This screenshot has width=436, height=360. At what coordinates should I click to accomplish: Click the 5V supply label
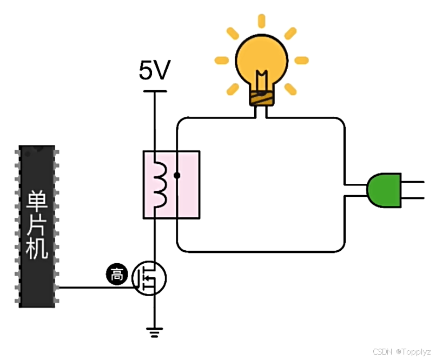click(155, 71)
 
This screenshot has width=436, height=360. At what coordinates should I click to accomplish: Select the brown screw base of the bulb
click(262, 97)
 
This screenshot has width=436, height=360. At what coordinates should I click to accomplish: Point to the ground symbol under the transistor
click(155, 332)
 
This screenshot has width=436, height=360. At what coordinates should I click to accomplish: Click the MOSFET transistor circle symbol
click(149, 278)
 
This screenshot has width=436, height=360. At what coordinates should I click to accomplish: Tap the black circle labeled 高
click(116, 275)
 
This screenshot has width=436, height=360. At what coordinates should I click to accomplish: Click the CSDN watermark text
click(382, 351)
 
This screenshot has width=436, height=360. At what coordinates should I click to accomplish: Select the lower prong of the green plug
click(415, 198)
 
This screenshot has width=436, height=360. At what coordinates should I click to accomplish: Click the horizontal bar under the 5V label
click(155, 91)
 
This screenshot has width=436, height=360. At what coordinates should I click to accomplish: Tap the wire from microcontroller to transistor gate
click(95, 287)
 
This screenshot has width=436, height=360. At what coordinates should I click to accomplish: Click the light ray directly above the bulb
click(262, 21)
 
